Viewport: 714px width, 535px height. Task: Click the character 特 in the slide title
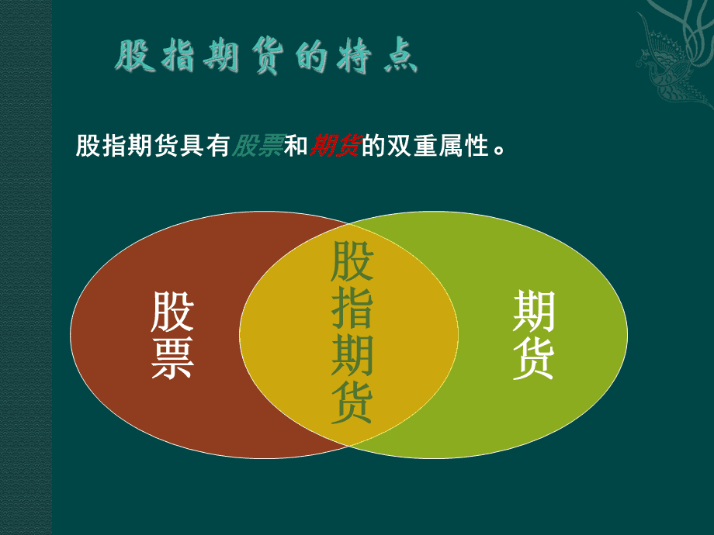pyautogui.click(x=354, y=57)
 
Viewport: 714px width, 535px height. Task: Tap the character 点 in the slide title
pyautogui.click(x=400, y=57)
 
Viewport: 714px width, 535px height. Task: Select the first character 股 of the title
pyautogui.click(x=133, y=57)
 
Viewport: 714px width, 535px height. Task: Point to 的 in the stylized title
pyautogui.click(x=311, y=57)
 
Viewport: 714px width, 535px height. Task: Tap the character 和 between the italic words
pyautogui.click(x=296, y=146)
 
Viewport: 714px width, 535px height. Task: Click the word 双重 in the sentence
pyautogui.click(x=413, y=146)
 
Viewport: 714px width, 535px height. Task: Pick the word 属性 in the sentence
pyautogui.click(x=464, y=146)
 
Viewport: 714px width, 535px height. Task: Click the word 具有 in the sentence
pyautogui.click(x=206, y=146)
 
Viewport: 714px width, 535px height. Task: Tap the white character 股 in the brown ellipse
pyautogui.click(x=172, y=312)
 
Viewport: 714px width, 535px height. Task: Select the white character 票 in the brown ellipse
pyautogui.click(x=172, y=358)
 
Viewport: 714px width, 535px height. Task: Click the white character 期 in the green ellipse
pyautogui.click(x=533, y=312)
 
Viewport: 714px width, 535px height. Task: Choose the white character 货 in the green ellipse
pyautogui.click(x=533, y=358)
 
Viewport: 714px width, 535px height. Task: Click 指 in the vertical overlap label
pyautogui.click(x=352, y=308)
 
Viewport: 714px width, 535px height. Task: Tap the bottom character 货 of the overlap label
pyautogui.click(x=352, y=402)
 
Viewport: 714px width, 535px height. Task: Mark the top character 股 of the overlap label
pyautogui.click(x=352, y=261)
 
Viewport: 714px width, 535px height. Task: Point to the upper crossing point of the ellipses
pyautogui.click(x=348, y=224)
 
